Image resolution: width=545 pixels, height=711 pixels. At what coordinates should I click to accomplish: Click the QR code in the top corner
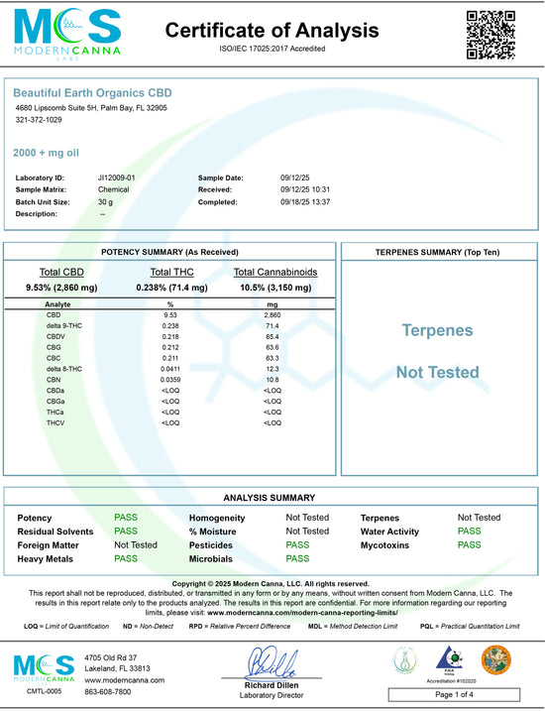(490, 35)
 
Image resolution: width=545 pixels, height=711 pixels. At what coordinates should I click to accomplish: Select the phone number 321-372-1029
(38, 120)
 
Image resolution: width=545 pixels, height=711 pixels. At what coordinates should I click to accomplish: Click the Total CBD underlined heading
(61, 272)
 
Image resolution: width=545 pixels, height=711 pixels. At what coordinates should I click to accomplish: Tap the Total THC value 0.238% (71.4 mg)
(171, 287)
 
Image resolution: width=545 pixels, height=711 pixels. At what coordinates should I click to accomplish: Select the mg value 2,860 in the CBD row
(272, 314)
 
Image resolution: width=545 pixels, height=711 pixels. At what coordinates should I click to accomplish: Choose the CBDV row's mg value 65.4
(272, 336)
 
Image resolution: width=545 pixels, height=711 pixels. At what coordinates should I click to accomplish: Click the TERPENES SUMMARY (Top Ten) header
(436, 253)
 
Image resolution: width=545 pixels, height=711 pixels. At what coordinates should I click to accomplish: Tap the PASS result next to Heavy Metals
(126, 558)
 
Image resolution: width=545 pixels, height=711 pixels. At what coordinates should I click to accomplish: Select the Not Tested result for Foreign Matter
(136, 544)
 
